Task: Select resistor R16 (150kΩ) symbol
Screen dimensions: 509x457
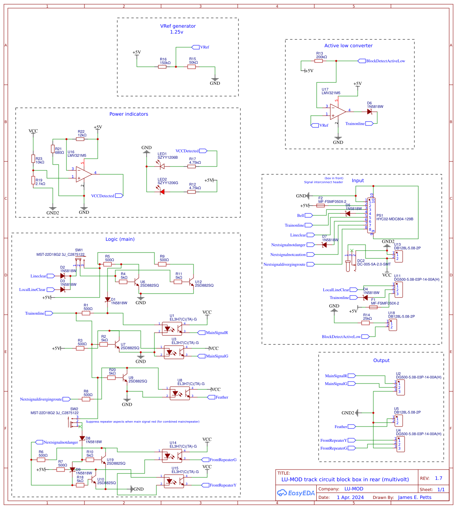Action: click(162, 67)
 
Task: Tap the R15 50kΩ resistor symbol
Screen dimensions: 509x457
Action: click(192, 67)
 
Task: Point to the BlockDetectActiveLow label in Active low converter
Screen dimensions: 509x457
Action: click(385, 61)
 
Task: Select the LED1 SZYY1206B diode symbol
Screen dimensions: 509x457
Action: click(162, 167)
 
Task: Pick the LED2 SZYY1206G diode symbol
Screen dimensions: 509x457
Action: click(162, 192)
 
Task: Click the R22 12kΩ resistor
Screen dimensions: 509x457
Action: click(81, 139)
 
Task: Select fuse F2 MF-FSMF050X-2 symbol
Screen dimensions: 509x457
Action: click(321, 206)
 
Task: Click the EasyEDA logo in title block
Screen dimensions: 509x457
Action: click(296, 493)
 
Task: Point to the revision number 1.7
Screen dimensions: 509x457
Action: click(439, 478)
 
